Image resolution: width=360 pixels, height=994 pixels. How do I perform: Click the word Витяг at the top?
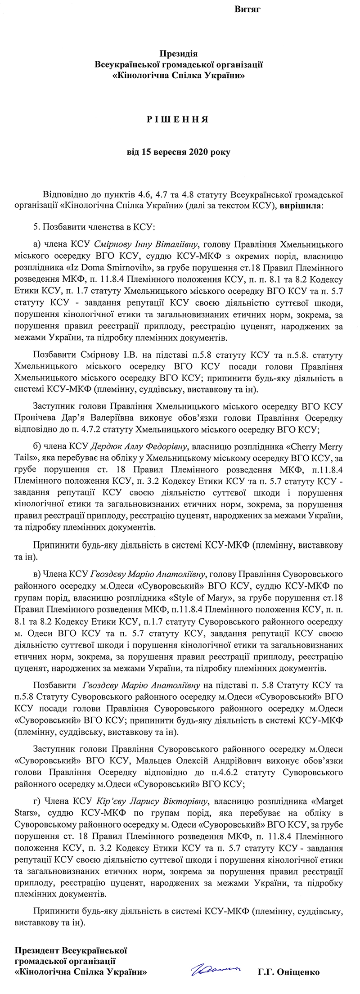(x=247, y=9)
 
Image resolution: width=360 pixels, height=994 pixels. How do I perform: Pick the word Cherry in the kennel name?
(x=309, y=447)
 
